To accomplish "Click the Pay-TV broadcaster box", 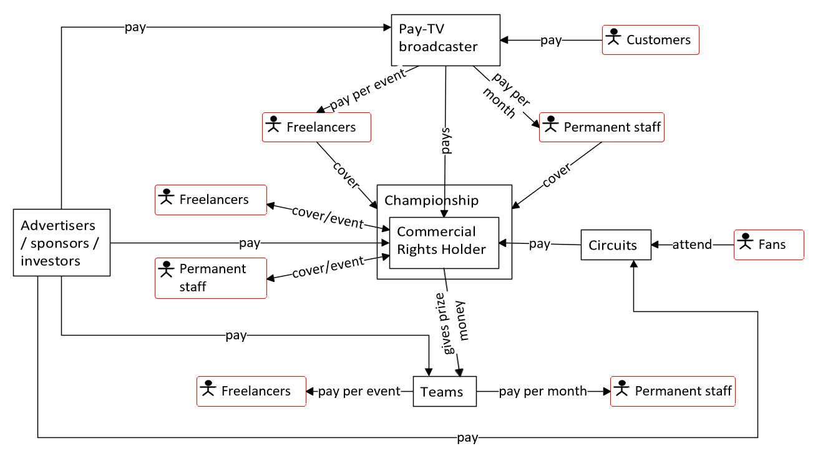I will (x=446, y=40).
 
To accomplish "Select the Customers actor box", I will (x=650, y=40).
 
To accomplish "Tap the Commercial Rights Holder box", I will (x=444, y=242).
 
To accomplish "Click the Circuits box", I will (x=616, y=246).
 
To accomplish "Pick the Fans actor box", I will (x=769, y=245).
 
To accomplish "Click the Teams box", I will (x=444, y=392).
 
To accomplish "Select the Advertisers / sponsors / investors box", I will (x=62, y=243).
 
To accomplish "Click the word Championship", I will (x=432, y=200).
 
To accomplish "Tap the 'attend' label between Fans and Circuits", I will (x=692, y=245).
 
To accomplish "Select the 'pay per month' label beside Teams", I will (x=543, y=392).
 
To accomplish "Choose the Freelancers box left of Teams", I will (x=251, y=391).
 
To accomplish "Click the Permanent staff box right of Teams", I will (x=673, y=391).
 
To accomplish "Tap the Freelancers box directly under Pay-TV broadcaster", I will (x=316, y=127).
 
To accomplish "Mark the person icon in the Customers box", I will (x=615, y=37).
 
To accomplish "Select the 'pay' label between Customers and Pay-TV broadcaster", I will (x=551, y=41).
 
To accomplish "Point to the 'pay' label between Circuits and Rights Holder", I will (x=540, y=244).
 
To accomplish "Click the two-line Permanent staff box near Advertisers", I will (x=211, y=278).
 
